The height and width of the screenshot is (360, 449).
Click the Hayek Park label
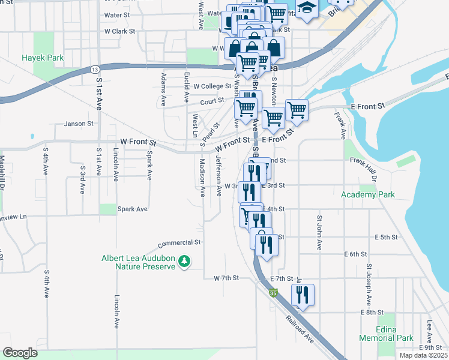[x=43, y=58]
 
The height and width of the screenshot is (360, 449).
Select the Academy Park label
[x=368, y=194]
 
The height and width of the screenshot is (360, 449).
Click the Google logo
[x=20, y=353]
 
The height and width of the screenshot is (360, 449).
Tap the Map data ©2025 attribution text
[x=423, y=355]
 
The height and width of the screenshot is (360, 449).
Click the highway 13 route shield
[x=95, y=70]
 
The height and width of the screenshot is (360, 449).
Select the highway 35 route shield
[x=274, y=293]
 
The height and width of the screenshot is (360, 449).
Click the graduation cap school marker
[x=307, y=8]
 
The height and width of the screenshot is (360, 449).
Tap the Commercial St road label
[x=179, y=243]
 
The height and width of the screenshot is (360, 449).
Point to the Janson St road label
[x=79, y=124]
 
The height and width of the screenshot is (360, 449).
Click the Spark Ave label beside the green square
[x=133, y=209]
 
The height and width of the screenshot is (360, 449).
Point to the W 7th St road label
[x=226, y=278]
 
